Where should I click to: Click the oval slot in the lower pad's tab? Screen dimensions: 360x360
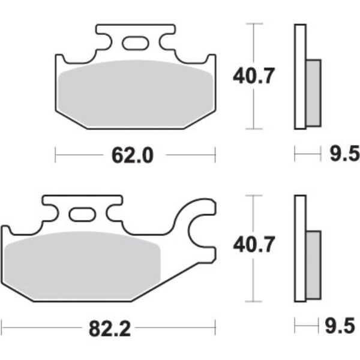81,214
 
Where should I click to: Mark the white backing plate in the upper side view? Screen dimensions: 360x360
299,76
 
